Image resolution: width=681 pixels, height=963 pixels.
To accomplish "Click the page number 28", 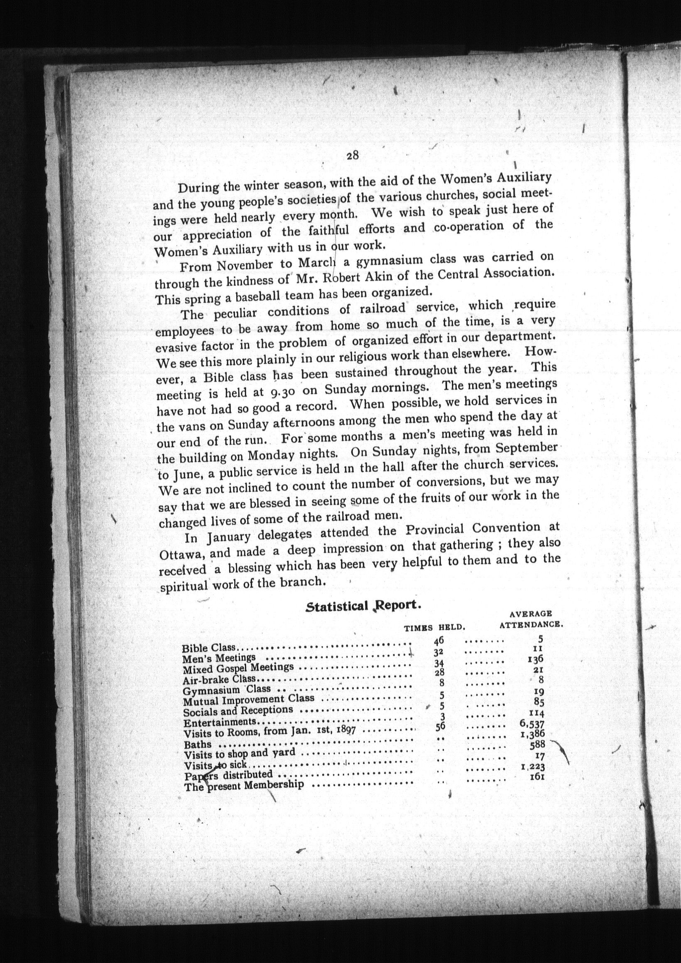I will pos(352,156).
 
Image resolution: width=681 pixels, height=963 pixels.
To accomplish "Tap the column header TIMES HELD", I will pos(435,628).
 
